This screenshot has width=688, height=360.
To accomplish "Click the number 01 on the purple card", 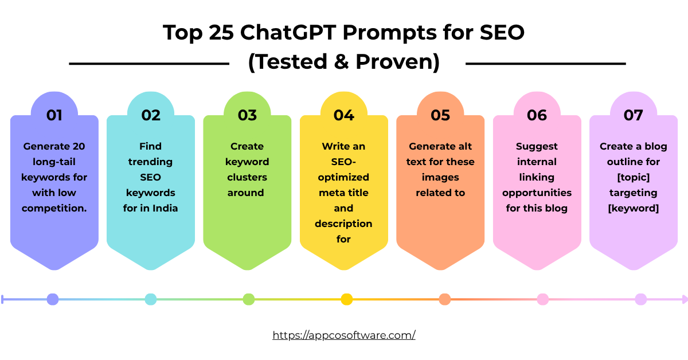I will tap(54, 115).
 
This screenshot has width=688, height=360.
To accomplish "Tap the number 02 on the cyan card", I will tap(151, 115).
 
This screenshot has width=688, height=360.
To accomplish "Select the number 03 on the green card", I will tap(247, 115).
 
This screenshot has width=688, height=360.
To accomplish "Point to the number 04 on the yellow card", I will tap(344, 115).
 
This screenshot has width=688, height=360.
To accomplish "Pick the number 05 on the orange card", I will tap(440, 115).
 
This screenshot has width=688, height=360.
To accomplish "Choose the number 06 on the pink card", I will tap(537, 115).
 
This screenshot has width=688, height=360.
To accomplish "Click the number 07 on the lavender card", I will tap(634, 115).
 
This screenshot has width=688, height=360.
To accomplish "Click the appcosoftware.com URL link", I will tap(344, 335).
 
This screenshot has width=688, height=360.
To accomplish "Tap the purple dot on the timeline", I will tap(53, 299).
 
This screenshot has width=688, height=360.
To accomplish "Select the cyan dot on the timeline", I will tap(151, 299).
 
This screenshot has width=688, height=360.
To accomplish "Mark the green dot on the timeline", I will tap(249, 299).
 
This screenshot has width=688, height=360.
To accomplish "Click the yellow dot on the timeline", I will tap(347, 299).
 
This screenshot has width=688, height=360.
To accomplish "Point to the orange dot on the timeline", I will tap(445, 299).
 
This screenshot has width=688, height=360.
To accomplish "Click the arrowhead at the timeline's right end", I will tap(683, 299).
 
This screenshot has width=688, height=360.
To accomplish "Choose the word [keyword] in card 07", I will tap(634, 208).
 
